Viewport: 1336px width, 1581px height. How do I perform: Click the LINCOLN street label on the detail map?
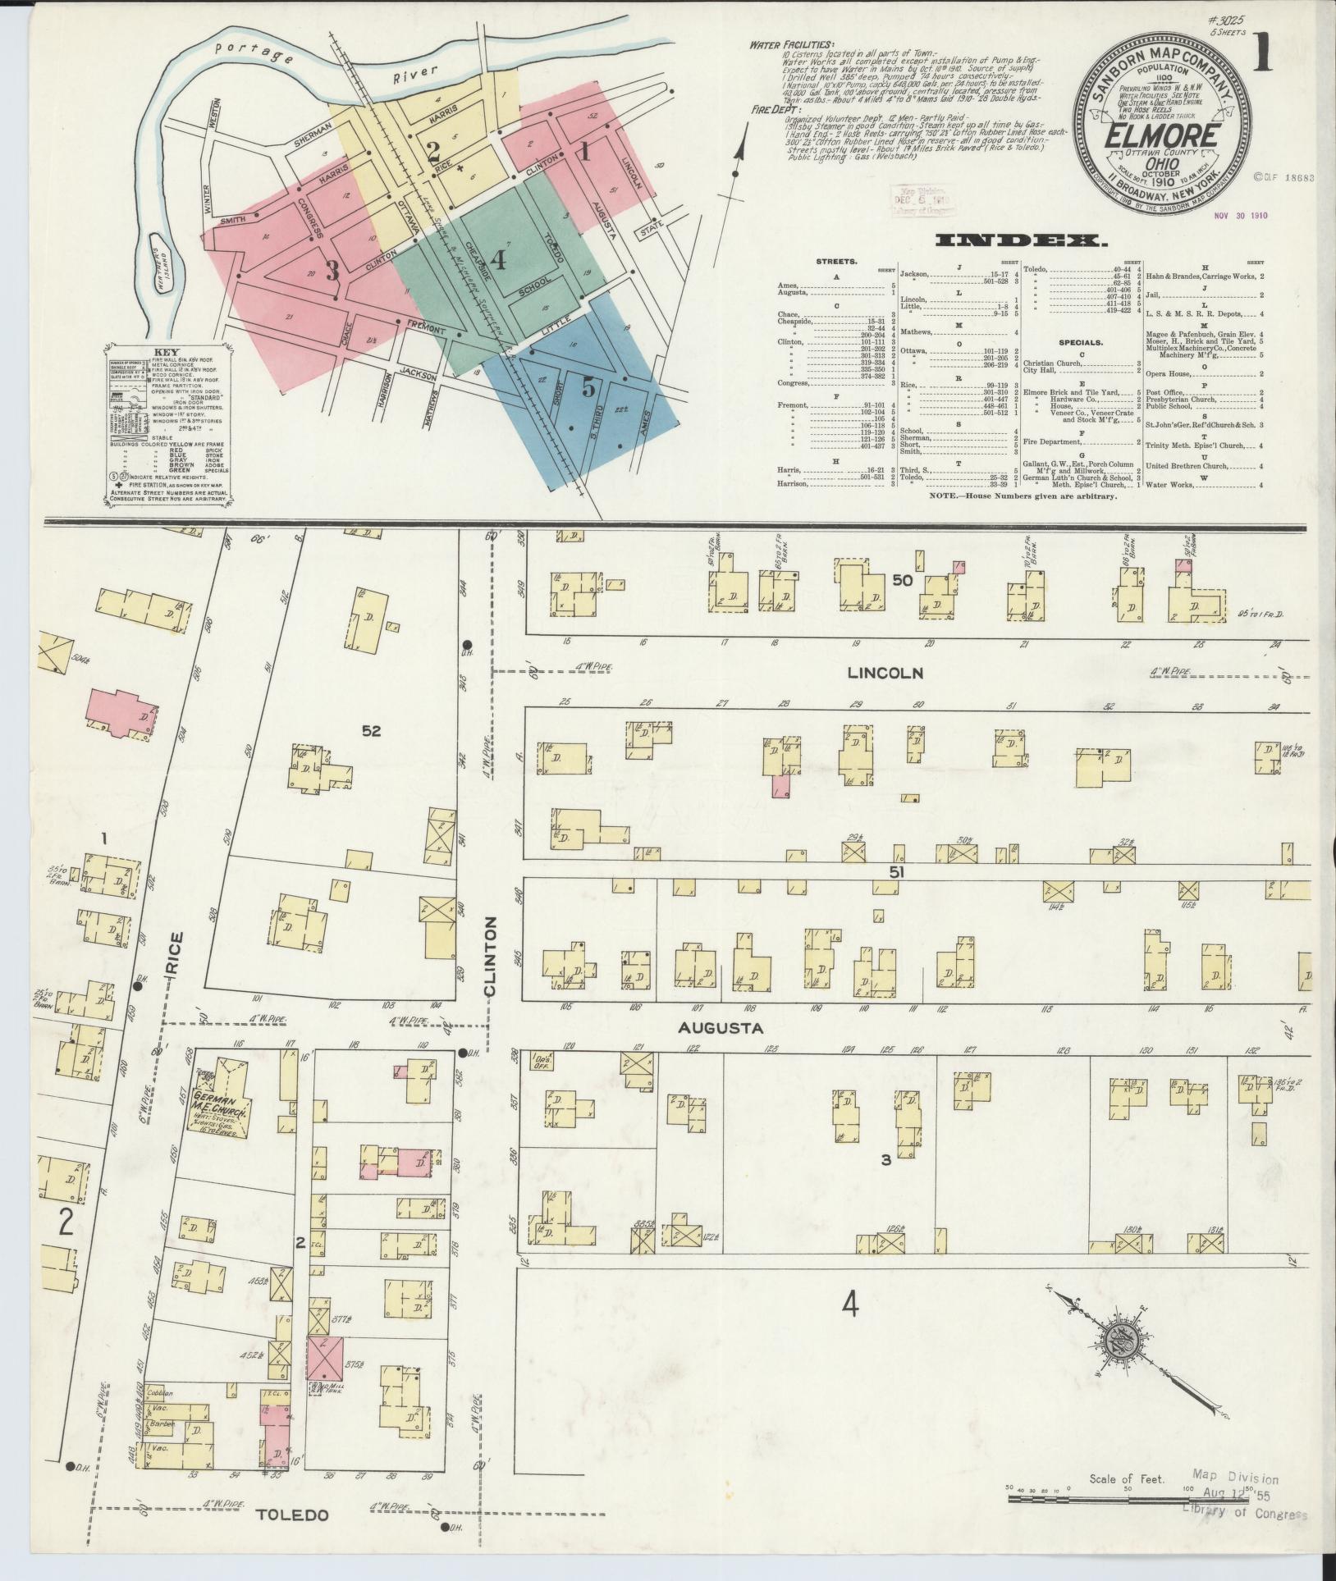885,673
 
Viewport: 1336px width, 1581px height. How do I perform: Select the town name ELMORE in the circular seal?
1160,135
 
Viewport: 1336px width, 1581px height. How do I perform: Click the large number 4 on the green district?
497,260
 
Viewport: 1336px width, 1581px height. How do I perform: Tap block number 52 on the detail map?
372,730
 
